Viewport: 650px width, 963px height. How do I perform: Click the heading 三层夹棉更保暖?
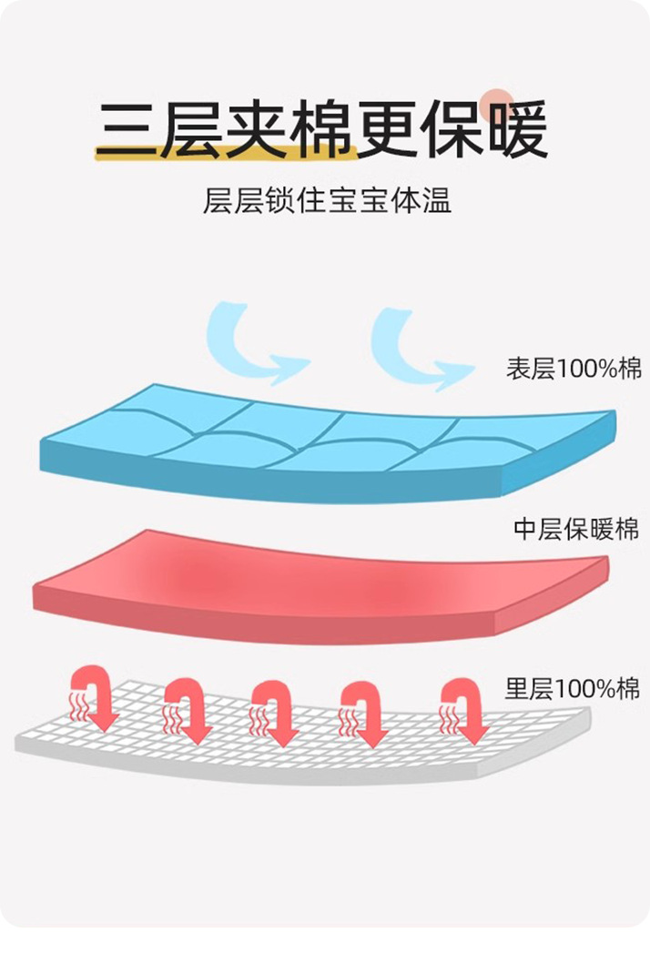pyautogui.click(x=324, y=129)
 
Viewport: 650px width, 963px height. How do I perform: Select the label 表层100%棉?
pyautogui.click(x=574, y=370)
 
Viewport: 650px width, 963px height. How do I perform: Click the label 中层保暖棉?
pyautogui.click(x=576, y=529)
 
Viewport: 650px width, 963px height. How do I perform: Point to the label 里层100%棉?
pyautogui.click(x=574, y=689)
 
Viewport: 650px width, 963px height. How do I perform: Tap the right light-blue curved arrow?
pyautogui.click(x=417, y=346)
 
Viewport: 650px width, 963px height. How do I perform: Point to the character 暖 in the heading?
pyautogui.click(x=515, y=129)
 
